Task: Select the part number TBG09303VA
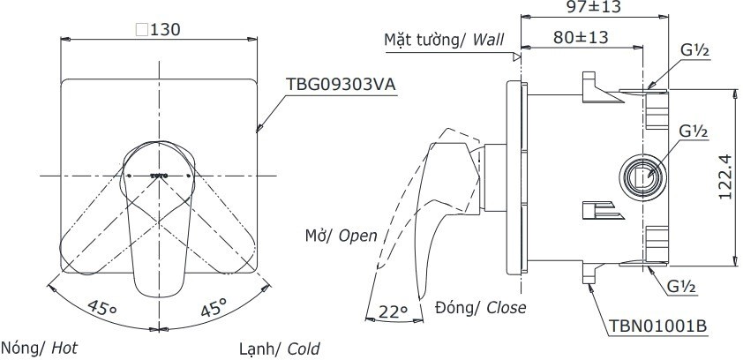click(341, 84)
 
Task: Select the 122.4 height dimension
click(724, 176)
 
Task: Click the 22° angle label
click(394, 311)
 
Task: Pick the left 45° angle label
click(101, 309)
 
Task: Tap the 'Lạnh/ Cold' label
click(279, 349)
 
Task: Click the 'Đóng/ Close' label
click(481, 307)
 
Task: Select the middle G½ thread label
click(694, 131)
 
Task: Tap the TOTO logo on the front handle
click(159, 176)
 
